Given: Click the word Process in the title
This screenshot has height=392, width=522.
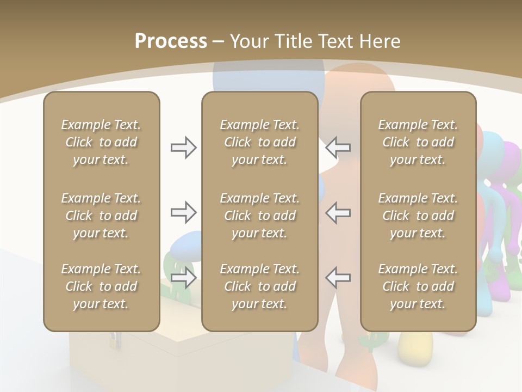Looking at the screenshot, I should tap(171, 41).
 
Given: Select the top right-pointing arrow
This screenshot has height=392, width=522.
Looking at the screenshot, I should tap(183, 148).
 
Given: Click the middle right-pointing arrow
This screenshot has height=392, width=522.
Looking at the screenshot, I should tap(183, 212).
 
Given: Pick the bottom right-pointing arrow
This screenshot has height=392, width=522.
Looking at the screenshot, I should tap(183, 277).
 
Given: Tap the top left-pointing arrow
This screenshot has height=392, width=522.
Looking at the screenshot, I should tap(338, 148).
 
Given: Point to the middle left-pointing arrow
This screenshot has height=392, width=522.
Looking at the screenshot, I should tap(338, 212).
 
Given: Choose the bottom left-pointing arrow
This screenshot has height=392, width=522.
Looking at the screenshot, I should tap(338, 277).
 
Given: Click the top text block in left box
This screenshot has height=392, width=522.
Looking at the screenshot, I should tap(101, 142).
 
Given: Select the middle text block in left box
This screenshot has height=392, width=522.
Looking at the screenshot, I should tap(101, 216).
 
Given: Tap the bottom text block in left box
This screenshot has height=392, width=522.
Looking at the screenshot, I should tap(101, 286).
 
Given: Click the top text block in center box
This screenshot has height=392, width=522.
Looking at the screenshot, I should tap(259, 142).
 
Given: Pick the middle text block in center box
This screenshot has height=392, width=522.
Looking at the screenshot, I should tap(259, 216).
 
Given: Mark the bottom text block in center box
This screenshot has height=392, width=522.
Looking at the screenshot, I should tap(259, 286).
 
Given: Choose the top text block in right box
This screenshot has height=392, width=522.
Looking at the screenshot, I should tap(418, 142).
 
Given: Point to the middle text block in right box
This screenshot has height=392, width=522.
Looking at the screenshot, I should tap(418, 216).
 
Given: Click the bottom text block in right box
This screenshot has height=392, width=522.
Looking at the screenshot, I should tap(418, 286).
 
